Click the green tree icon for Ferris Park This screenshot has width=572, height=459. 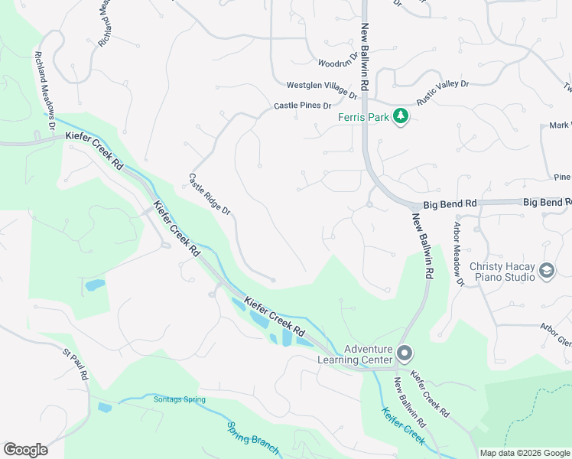pos(400,116)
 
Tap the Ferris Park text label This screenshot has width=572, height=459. pos(363,117)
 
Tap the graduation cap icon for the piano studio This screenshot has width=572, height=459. pos(547,270)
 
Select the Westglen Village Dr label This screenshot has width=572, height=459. pos(322,90)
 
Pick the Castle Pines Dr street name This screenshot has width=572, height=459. pos(303,106)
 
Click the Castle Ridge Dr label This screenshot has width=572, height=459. pos(210,194)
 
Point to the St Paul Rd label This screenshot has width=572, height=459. pos(76,366)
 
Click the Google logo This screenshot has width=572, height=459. pos(26,449)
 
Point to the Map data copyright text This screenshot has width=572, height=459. pos(524,453)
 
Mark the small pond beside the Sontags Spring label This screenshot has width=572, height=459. pos(105,407)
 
